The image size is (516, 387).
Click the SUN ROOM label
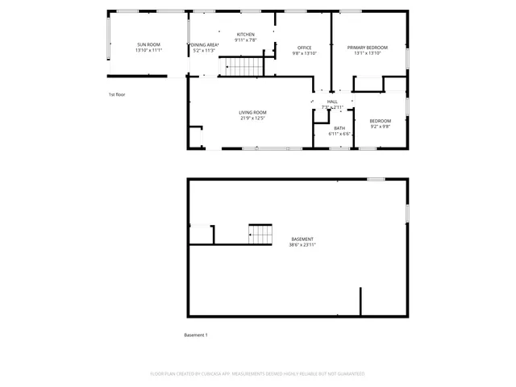tap(148, 44)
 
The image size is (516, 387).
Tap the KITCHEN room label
tap(245, 34)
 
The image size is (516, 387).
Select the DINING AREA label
tap(205, 44)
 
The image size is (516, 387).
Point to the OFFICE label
tap(304, 48)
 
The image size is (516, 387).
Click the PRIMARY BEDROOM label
tap(367, 48)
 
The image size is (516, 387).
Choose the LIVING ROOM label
tap(252, 112)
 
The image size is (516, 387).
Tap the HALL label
tap(332, 102)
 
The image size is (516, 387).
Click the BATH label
tap(339, 128)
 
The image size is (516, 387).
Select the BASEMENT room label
tap(302, 239)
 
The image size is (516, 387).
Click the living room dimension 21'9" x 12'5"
tap(252, 119)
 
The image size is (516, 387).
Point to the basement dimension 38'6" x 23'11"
tap(302, 245)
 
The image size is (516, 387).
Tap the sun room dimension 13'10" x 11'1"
tap(148, 50)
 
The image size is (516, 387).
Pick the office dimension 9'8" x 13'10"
tap(304, 54)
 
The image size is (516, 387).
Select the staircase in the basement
tap(260, 235)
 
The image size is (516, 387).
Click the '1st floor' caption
tap(117, 94)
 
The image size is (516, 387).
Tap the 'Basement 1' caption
tap(196, 335)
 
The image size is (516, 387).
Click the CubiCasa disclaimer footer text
tap(257, 374)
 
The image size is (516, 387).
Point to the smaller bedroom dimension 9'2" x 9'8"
tap(380, 126)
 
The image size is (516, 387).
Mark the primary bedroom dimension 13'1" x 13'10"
tap(367, 54)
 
